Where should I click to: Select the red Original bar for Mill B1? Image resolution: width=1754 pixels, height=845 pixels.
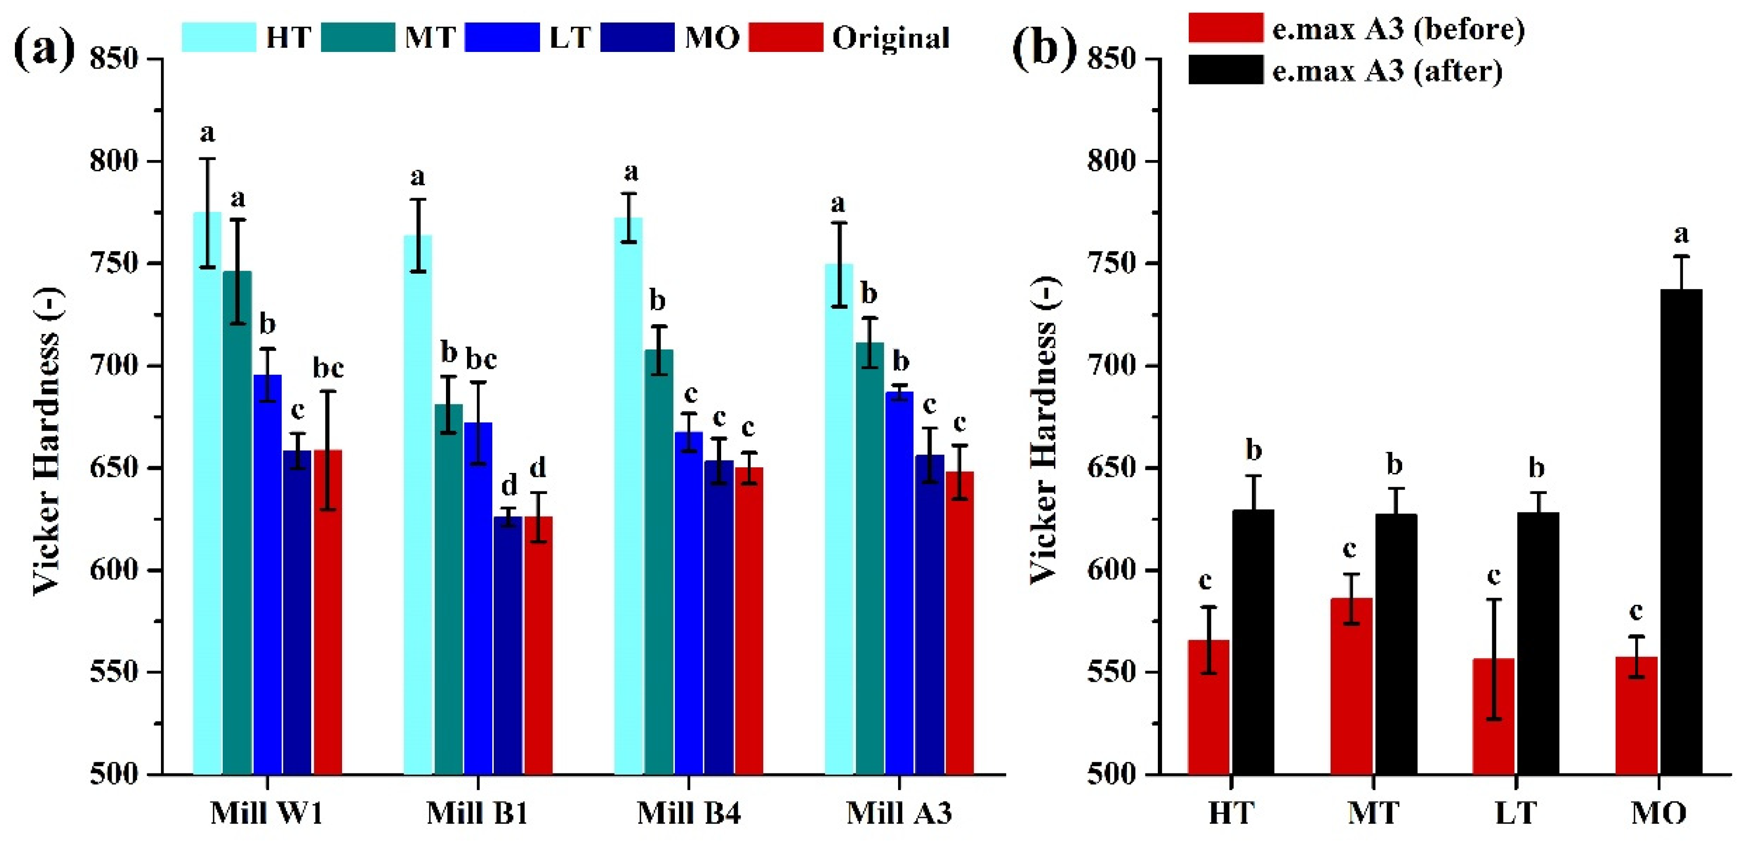tap(538, 647)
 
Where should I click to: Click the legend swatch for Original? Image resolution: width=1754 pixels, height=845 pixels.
tap(785, 38)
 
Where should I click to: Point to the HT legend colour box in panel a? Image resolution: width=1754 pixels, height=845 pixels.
tap(219, 38)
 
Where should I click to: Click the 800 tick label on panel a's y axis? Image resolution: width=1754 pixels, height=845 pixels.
tap(114, 162)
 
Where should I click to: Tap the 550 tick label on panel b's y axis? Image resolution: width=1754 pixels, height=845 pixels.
tap(1111, 673)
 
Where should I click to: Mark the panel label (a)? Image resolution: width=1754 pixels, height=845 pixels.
tap(44, 49)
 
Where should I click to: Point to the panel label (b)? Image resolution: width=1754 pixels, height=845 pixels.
tap(1044, 49)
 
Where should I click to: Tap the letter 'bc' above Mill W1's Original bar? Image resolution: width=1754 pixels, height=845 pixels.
tap(328, 368)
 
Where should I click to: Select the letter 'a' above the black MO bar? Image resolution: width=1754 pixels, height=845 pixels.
tap(1681, 235)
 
